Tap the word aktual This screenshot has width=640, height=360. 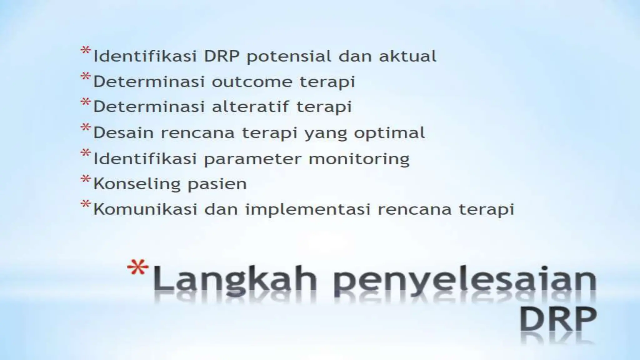coord(407,56)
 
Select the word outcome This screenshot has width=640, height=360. coord(252,82)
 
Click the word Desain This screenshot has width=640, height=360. coord(123,132)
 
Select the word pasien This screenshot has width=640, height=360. coord(217,184)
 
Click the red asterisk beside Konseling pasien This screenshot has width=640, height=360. coord(85,179)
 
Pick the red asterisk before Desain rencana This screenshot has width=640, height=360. coord(85,128)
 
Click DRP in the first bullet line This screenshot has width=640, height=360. coord(222,56)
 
